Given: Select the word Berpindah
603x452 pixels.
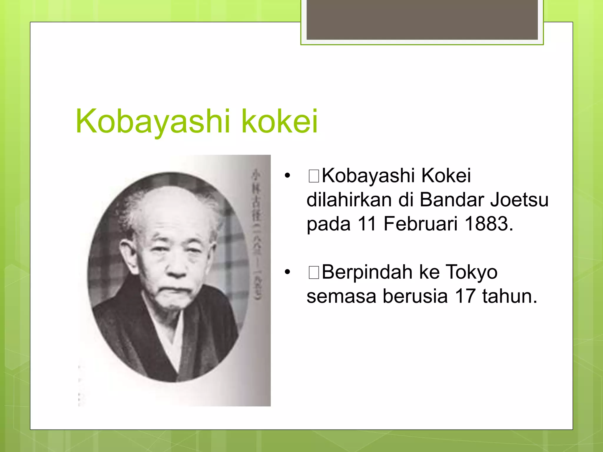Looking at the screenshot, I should pyautogui.click(x=367, y=272).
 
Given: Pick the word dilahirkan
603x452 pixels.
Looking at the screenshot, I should pyautogui.click(x=349, y=200).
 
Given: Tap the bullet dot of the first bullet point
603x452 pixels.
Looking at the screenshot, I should pyautogui.click(x=287, y=176).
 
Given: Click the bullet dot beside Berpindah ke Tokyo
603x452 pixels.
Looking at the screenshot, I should pyautogui.click(x=287, y=272).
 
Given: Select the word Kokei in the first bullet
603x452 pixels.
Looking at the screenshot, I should pyautogui.click(x=446, y=176).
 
